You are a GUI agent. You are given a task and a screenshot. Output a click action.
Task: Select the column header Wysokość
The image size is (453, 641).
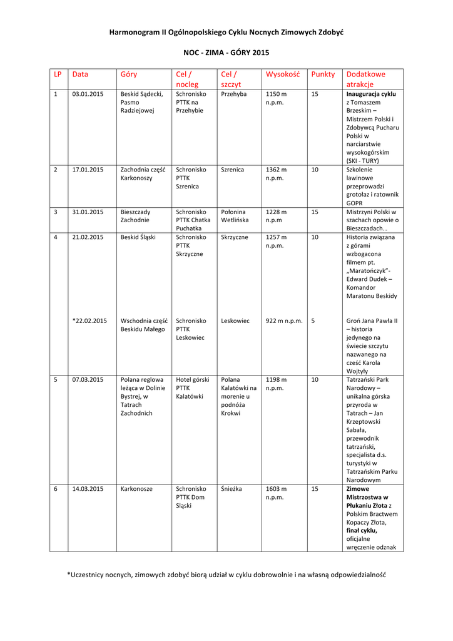pyautogui.click(x=283, y=74)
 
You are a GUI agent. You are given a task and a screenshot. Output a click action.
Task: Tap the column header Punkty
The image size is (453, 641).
pyautogui.click(x=323, y=74)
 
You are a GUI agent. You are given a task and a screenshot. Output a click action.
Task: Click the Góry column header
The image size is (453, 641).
pyautogui.click(x=128, y=74)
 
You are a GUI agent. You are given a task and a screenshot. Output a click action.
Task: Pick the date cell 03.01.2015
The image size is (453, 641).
pyautogui.click(x=88, y=94)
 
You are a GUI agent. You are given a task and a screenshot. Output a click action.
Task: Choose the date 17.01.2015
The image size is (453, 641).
pyautogui.click(x=88, y=170)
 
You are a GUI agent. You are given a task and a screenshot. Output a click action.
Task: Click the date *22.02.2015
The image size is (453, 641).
pyautogui.click(x=89, y=320)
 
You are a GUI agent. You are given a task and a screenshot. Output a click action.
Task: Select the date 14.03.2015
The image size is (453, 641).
pyautogui.click(x=88, y=489)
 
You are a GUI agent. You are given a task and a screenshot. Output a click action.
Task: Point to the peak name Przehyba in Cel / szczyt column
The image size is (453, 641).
pyautogui.click(x=234, y=94)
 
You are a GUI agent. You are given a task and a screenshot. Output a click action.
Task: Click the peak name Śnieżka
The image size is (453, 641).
pyautogui.click(x=232, y=489)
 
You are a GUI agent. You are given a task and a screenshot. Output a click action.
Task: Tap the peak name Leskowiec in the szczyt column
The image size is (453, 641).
pyautogui.click(x=235, y=320)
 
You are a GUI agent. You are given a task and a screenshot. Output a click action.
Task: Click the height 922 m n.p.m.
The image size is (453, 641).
pyautogui.click(x=284, y=320)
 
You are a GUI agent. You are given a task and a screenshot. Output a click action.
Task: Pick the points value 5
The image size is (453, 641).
pyautogui.click(x=313, y=320)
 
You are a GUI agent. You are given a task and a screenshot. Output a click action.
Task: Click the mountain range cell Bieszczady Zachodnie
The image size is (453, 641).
pyautogui.click(x=135, y=216)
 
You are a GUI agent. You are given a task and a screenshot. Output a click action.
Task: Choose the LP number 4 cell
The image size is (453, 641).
pyautogui.click(x=56, y=237)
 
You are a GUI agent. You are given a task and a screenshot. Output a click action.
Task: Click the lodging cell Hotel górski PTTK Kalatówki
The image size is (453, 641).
pyautogui.click(x=192, y=388)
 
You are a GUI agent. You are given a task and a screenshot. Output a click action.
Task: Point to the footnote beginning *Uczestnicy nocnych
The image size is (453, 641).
pyautogui.click(x=226, y=574)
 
